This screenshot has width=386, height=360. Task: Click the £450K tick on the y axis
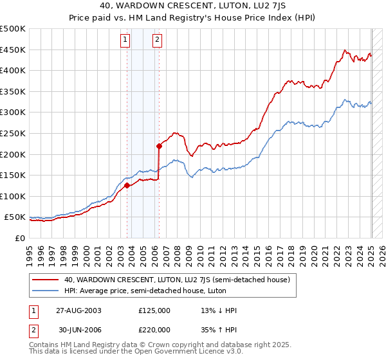coord(13,50)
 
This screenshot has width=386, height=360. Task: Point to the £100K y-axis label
coord(13,196)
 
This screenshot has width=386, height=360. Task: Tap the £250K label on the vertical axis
coord(13,133)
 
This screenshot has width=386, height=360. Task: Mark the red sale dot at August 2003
coord(127,186)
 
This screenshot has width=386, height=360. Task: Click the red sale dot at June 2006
coord(159,146)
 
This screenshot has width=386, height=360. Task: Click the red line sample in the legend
coord(46,280)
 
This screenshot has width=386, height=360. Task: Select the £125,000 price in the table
coord(154,310)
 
